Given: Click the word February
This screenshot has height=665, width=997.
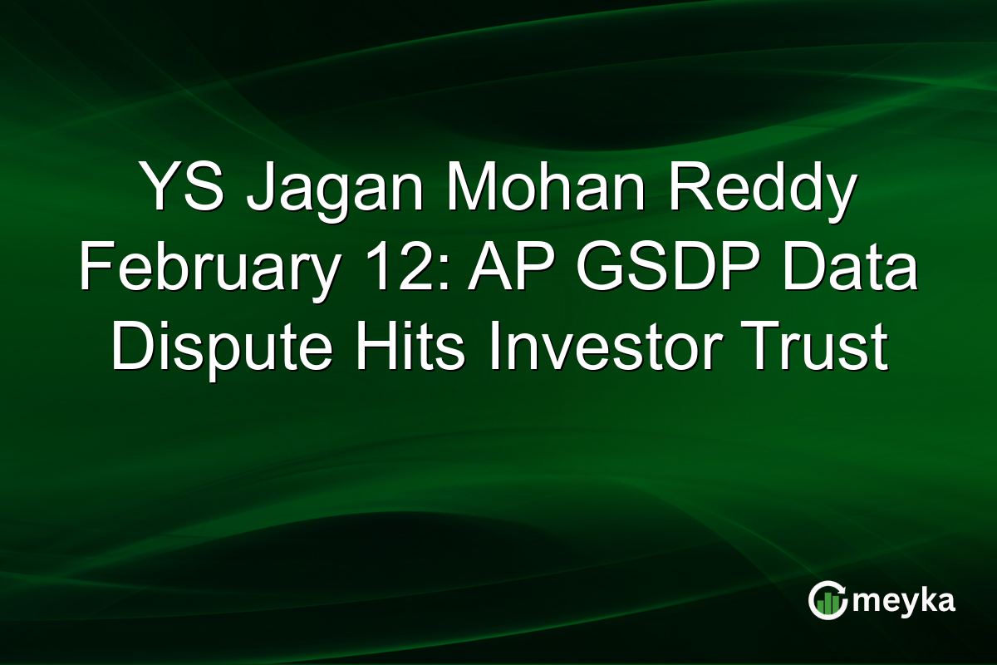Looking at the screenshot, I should click(203, 269).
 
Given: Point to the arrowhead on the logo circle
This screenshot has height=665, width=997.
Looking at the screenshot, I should click(842, 588).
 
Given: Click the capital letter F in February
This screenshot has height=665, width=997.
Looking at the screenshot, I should click(94, 268).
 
